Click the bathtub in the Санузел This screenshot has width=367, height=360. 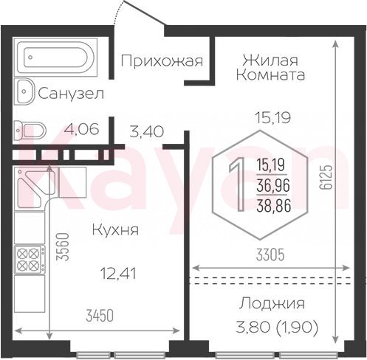55,57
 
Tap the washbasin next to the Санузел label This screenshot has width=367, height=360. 24,91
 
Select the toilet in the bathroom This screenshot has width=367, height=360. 30,130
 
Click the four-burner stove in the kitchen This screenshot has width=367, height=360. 30,260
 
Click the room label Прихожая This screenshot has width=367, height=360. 162,61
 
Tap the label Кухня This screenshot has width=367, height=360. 115,230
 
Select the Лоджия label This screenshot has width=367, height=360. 272,304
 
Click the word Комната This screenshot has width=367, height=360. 270,75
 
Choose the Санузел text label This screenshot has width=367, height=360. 71,94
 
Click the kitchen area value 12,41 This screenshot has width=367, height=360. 118,274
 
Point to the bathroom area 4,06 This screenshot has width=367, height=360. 81,129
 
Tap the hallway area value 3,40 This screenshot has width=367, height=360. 146,131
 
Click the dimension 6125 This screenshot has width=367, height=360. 326,177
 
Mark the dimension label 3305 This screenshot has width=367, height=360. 270,255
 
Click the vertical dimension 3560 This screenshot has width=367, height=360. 62,246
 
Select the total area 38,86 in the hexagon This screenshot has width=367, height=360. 273,206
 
